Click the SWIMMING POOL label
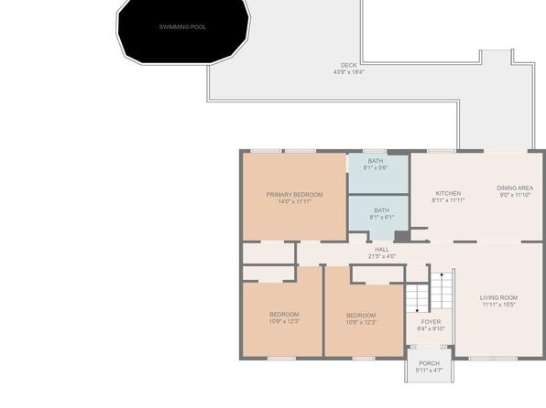click(182, 27)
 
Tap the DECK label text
click(348, 65)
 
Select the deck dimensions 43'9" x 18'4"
click(349, 72)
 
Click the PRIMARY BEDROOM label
click(294, 195)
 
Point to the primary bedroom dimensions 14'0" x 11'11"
click(295, 201)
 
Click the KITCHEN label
click(448, 193)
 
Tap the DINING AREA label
click(515, 188)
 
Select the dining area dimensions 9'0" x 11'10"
click(515, 195)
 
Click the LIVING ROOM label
click(498, 297)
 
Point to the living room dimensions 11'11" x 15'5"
click(498, 305)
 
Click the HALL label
click(382, 250)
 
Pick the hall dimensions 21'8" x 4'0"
click(382, 256)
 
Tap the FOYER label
click(431, 322)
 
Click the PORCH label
click(429, 363)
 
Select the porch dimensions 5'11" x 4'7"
click(429, 370)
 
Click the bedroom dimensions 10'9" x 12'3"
click(284, 321)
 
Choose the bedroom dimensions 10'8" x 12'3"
click(361, 322)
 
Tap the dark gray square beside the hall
click(402, 237)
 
